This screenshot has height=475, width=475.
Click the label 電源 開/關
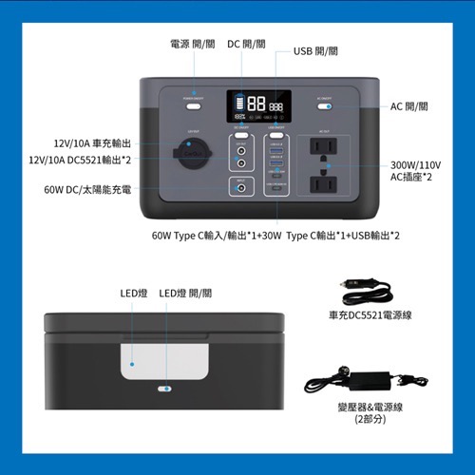pos(194,44)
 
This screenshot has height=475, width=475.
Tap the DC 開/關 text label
pos(246,44)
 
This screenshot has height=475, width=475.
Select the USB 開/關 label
pos(315,50)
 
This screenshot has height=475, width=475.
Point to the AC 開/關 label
pos(410,106)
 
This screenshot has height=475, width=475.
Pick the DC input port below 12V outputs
pos(241,188)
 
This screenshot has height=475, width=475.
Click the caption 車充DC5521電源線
pos(366,314)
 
